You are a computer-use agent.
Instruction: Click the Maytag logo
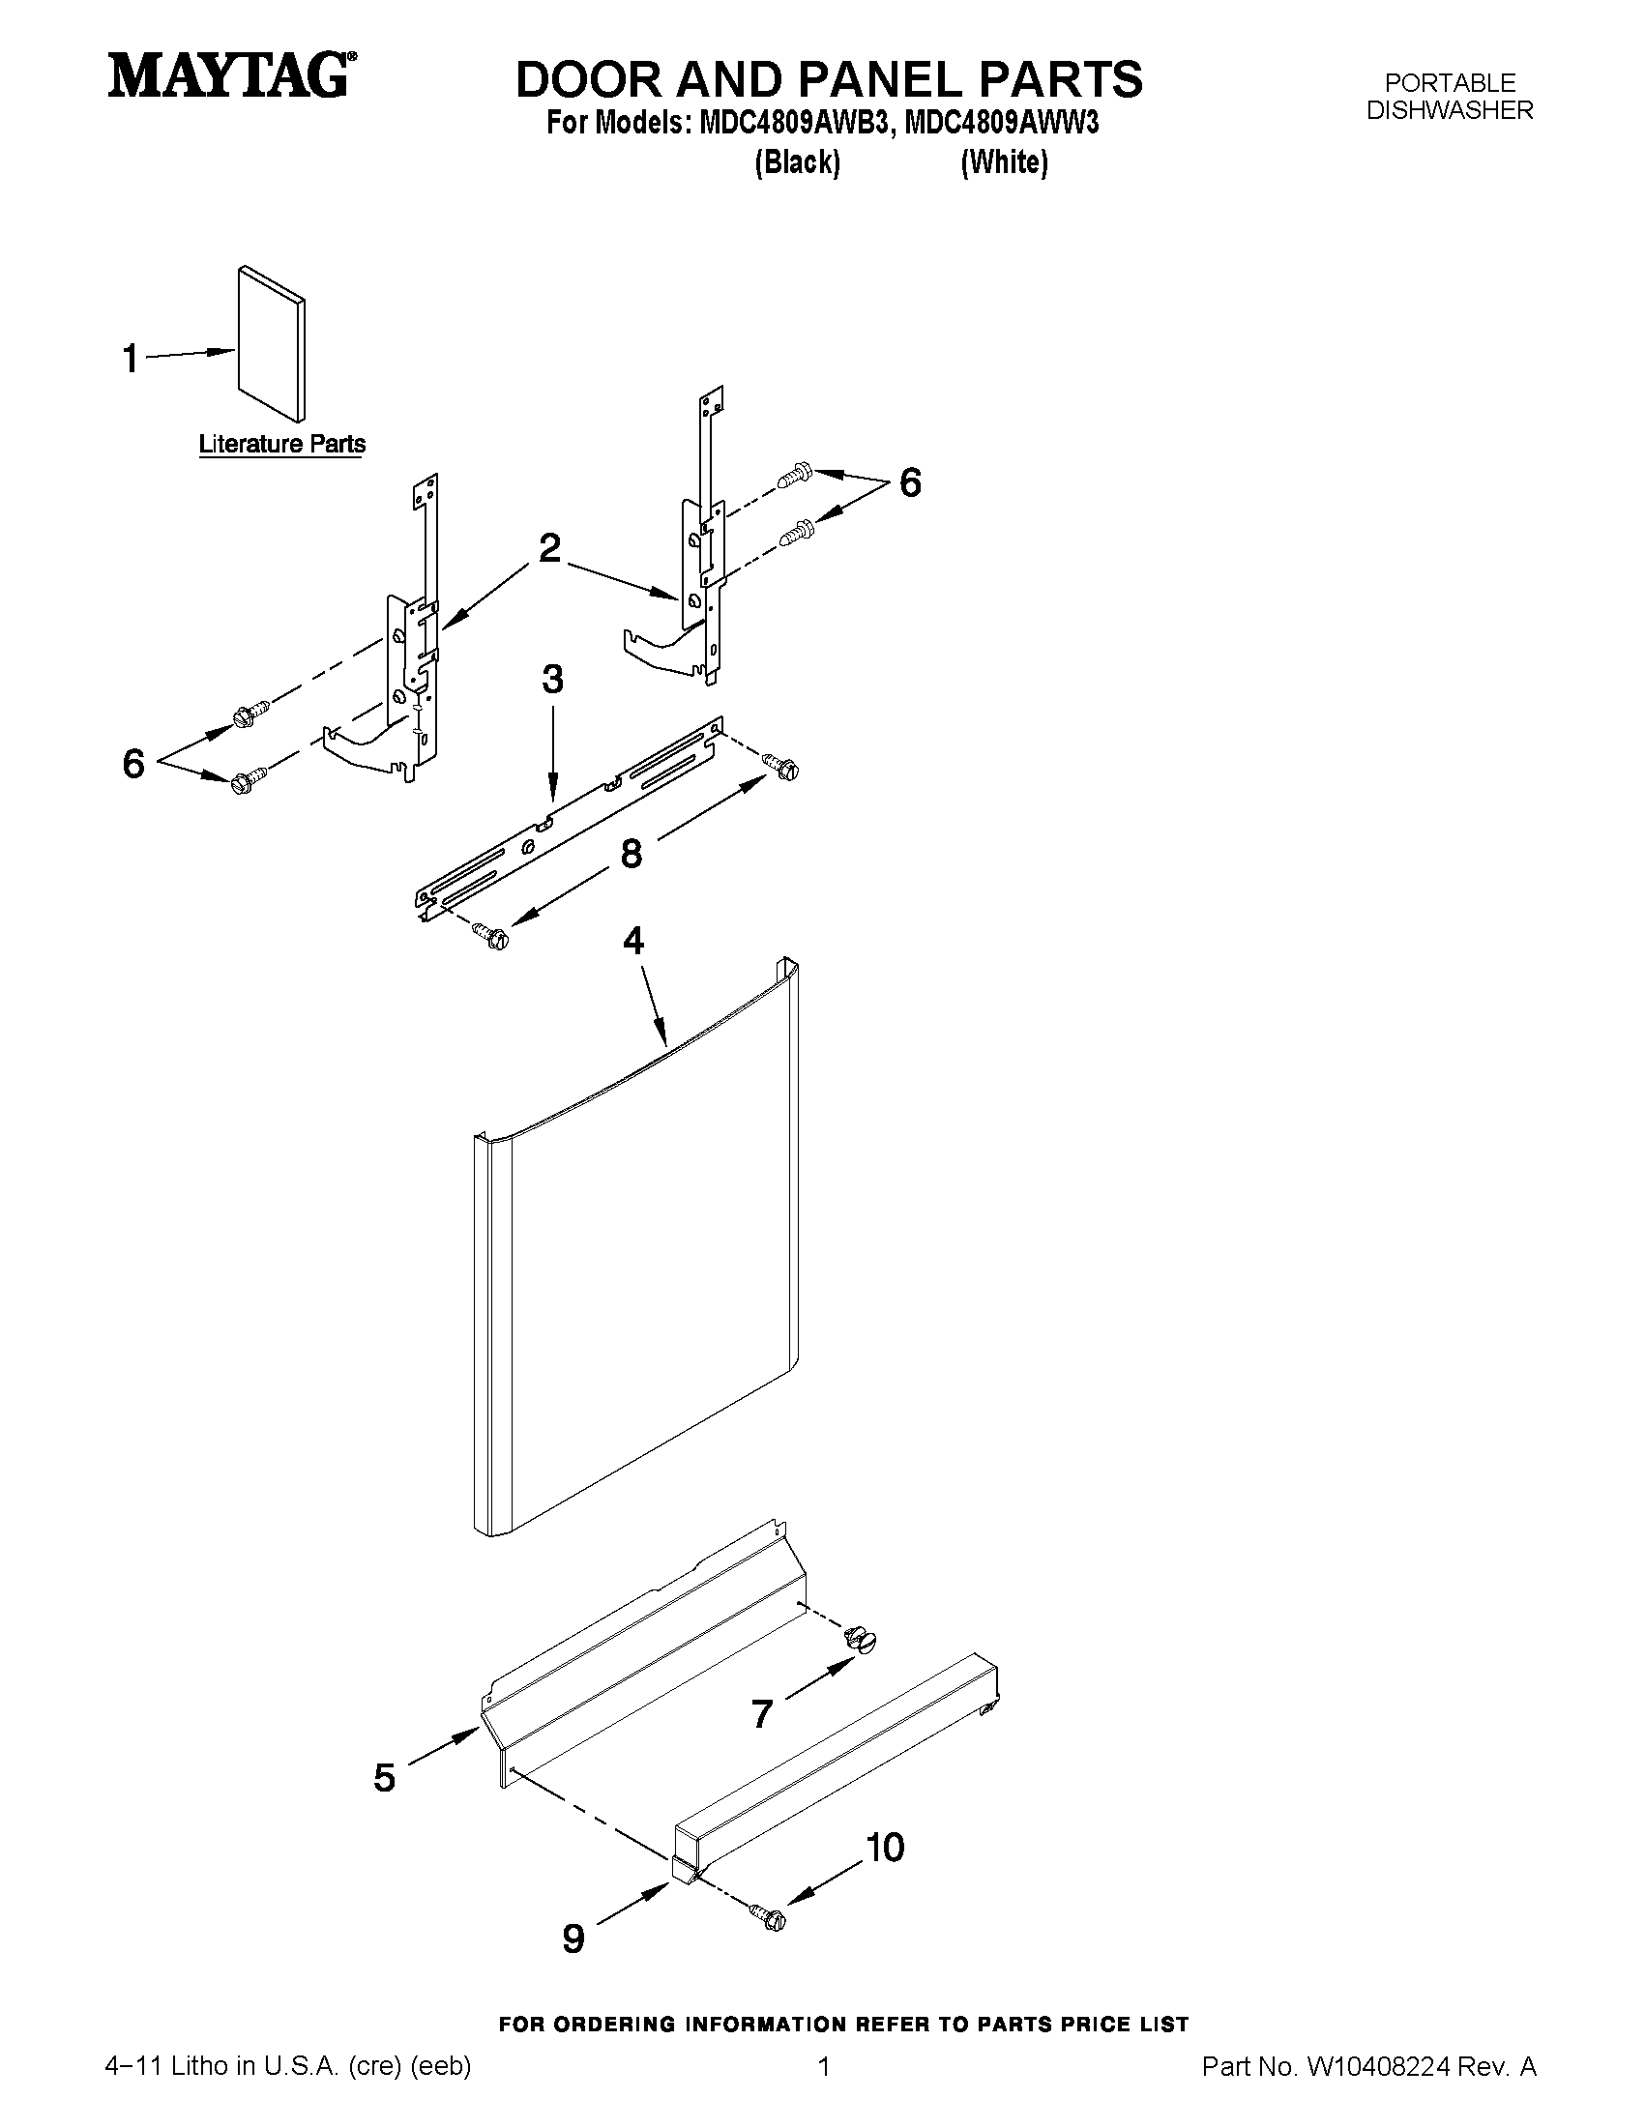pyautogui.click(x=230, y=76)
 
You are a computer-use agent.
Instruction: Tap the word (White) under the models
pyautogui.click(x=1004, y=161)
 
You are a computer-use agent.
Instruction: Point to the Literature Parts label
pyautogui.click(x=281, y=445)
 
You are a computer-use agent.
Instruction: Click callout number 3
pyautogui.click(x=552, y=679)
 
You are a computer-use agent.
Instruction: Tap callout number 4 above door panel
pyautogui.click(x=633, y=941)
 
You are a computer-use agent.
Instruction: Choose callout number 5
pyautogui.click(x=385, y=1778)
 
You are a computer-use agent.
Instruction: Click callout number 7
pyautogui.click(x=762, y=1713)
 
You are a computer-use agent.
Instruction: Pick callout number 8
pyautogui.click(x=632, y=855)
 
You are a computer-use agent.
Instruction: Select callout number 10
pyautogui.click(x=885, y=1847)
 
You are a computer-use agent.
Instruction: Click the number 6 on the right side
pyautogui.click(x=909, y=482)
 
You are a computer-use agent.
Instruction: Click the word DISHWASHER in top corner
pyautogui.click(x=1449, y=111)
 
